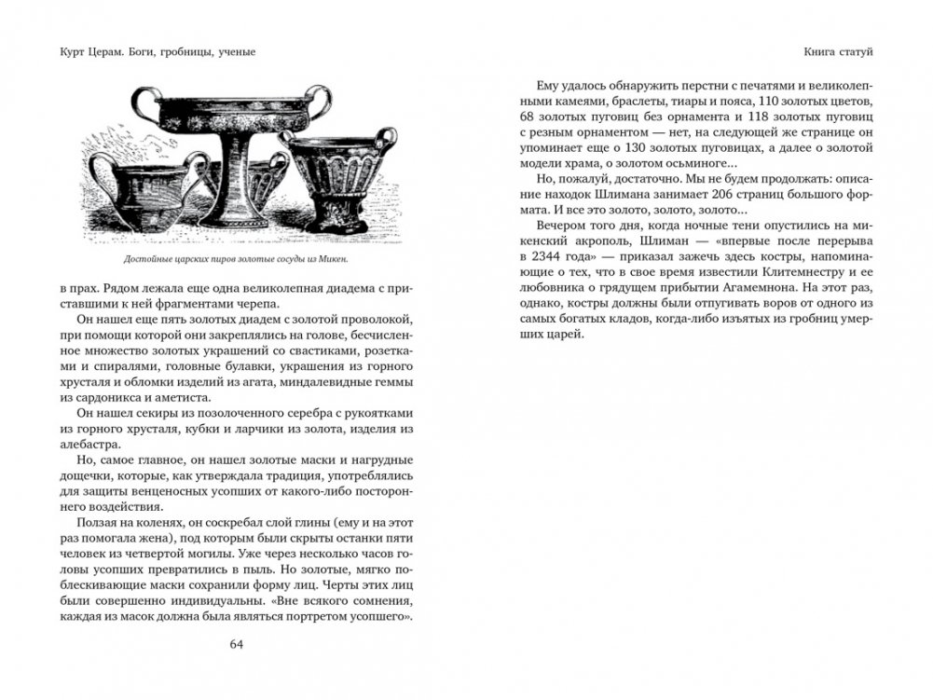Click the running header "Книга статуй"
(838, 50)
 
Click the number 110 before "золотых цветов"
(771, 101)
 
